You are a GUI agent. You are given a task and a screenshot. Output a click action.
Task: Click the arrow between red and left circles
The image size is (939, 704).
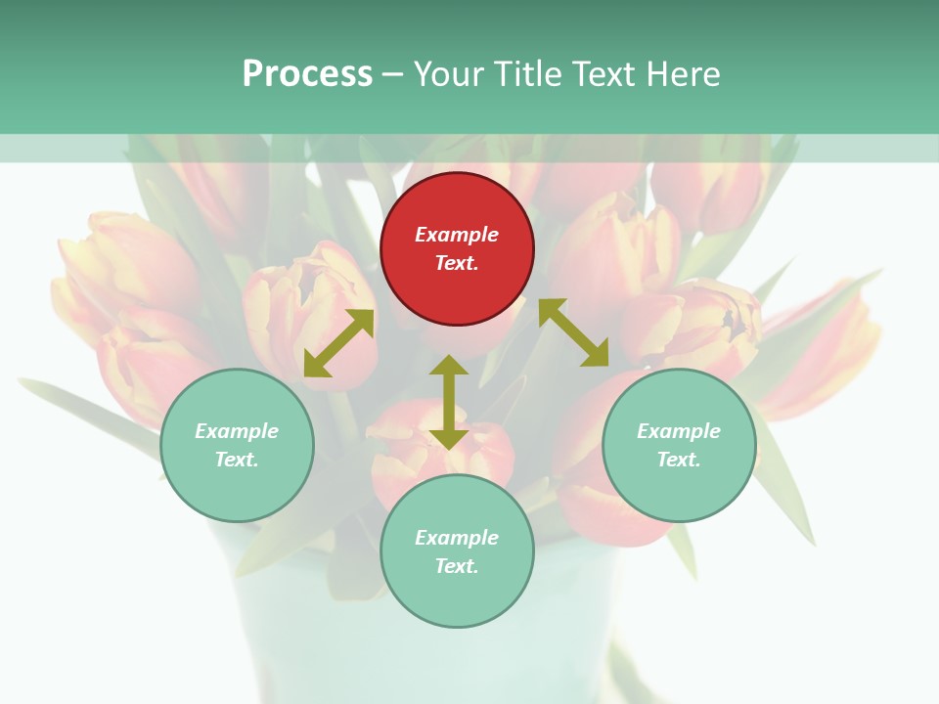(338, 343)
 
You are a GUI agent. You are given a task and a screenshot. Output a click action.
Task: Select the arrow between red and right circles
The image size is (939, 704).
(574, 332)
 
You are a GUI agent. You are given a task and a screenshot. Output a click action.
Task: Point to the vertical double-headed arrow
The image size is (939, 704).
(448, 402)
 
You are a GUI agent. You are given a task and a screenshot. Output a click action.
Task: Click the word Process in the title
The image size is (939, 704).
(307, 74)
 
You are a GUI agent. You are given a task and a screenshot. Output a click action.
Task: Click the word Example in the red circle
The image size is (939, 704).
(457, 235)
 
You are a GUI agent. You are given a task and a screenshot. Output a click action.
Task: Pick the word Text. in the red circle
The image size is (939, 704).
(457, 263)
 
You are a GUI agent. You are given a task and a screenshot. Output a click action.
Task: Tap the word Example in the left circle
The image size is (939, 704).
(237, 431)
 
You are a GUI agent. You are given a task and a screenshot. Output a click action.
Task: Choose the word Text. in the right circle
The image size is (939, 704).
(679, 460)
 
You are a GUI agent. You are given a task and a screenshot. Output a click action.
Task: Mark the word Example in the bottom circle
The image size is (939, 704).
(457, 538)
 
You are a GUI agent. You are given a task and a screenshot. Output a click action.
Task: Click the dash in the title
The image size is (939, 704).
(393, 75)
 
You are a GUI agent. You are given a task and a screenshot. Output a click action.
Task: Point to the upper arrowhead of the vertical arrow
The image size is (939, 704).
(448, 366)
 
